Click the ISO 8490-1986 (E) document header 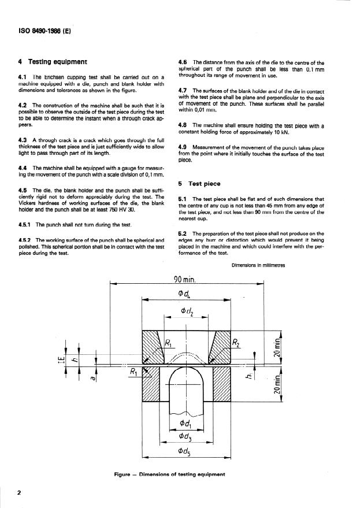pyautogui.click(x=39, y=32)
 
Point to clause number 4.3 pyautogui.click(x=24, y=140)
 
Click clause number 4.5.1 pyautogui.click(x=27, y=224)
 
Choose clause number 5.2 pyautogui.click(x=184, y=232)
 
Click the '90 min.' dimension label pyautogui.click(x=185, y=279)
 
